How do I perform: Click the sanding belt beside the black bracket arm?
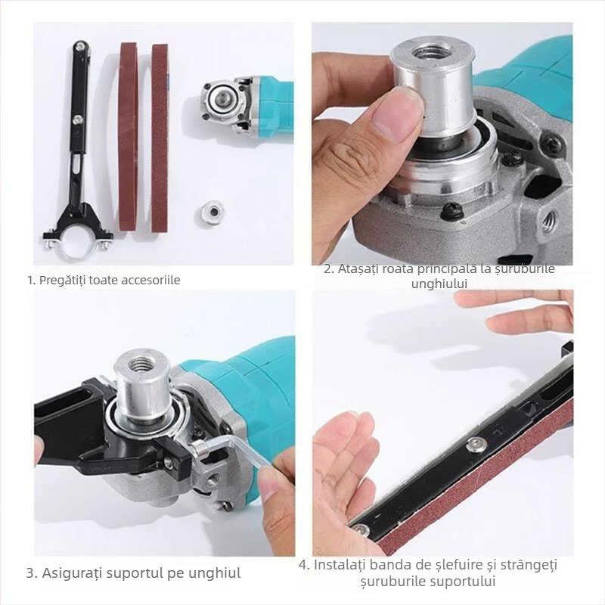tap(128, 136)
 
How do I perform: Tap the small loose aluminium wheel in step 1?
tap(213, 211)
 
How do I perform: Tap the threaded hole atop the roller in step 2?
tap(432, 53)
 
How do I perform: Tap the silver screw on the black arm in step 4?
tap(476, 445)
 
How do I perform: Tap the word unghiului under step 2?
tap(440, 284)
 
